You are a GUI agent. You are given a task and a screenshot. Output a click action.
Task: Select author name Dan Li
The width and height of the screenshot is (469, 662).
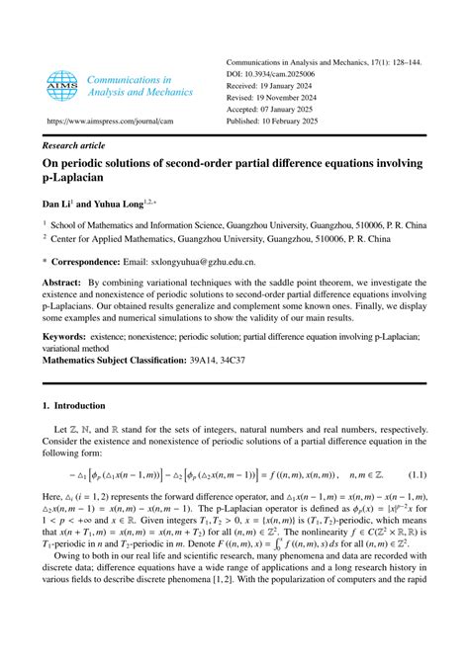pyautogui.click(x=60, y=206)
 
